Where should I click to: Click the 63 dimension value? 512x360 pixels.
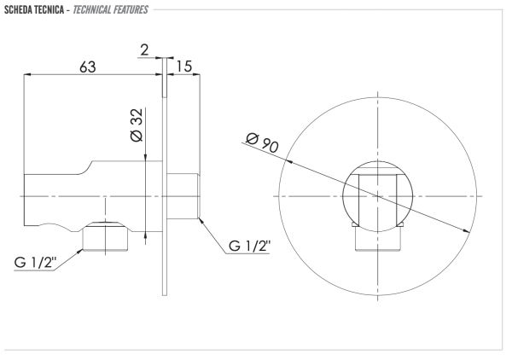[x=88, y=67]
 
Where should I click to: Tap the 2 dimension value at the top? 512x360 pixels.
[x=144, y=50]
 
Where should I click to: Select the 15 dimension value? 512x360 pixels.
[x=184, y=67]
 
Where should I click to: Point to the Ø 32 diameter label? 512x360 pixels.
[x=137, y=125]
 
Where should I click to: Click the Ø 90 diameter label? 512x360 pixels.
[x=262, y=142]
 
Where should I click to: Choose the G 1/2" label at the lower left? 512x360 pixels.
[x=35, y=262]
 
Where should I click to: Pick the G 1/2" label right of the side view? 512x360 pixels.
[x=249, y=246]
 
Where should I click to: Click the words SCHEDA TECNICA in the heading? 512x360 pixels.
[x=34, y=9]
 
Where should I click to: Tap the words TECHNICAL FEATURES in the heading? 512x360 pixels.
[x=110, y=9]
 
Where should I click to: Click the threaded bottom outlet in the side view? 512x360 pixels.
[x=105, y=237]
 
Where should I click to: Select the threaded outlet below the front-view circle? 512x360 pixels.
[x=378, y=238]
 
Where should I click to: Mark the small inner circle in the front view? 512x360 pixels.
[x=378, y=196]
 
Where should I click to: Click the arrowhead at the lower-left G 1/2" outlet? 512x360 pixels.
[x=79, y=252]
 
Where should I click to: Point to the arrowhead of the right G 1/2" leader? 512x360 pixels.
[x=201, y=220]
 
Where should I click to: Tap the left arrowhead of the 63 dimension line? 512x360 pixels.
[x=27, y=75]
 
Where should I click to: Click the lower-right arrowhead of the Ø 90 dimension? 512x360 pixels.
[x=466, y=230]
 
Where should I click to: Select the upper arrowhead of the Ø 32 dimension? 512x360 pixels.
[x=145, y=157]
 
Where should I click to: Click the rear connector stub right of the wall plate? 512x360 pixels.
[x=183, y=196]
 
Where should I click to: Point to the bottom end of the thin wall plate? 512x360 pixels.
[x=165, y=296]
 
